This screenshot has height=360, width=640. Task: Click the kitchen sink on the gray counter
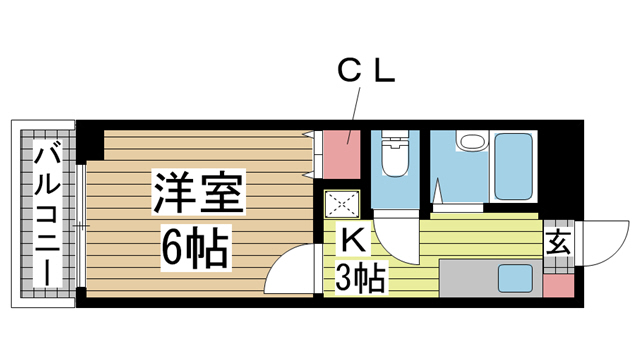point(515,277)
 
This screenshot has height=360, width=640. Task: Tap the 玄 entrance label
point(559,243)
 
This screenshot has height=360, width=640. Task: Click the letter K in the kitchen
point(352,241)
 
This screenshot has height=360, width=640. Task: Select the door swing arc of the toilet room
point(399,240)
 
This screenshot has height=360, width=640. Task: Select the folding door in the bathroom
point(440,184)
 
